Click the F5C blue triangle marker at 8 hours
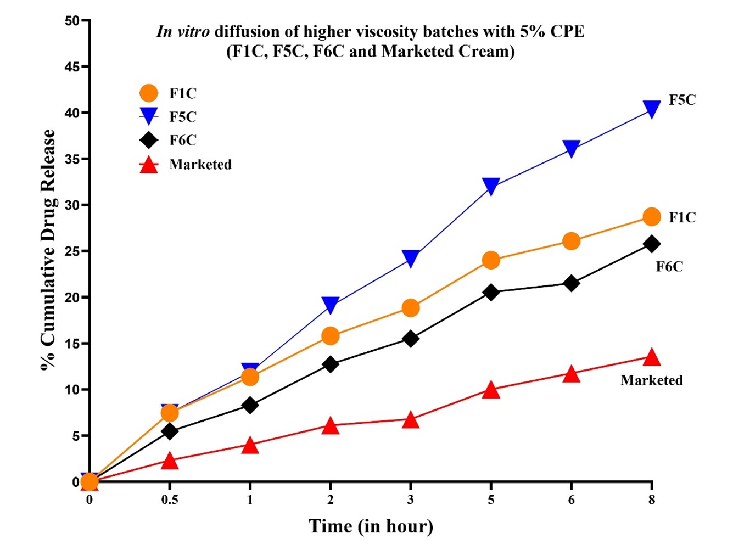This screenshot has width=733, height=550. pyautogui.click(x=652, y=109)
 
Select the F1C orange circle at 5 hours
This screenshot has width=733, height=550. pyautogui.click(x=491, y=260)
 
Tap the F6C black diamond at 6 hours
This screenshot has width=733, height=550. pyautogui.click(x=571, y=283)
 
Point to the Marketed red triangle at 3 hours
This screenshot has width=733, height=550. pyautogui.click(x=411, y=420)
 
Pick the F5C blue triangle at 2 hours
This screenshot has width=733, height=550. pyautogui.click(x=330, y=305)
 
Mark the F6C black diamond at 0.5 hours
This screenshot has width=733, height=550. pyautogui.click(x=170, y=431)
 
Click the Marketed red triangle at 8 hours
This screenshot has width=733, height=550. pyautogui.click(x=652, y=357)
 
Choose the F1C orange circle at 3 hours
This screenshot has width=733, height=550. pyautogui.click(x=411, y=308)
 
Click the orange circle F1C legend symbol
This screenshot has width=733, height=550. pyautogui.click(x=149, y=93)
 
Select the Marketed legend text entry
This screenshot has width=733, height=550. pyautogui.click(x=200, y=165)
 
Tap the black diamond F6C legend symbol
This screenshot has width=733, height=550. pyautogui.click(x=149, y=140)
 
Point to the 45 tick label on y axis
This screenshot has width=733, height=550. pyautogui.click(x=72, y=67)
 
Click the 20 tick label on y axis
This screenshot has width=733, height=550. pyautogui.click(x=72, y=298)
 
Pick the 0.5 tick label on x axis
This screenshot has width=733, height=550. pyautogui.click(x=170, y=500)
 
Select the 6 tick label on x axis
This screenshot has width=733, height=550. pyautogui.click(x=571, y=500)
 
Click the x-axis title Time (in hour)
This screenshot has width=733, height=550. pyautogui.click(x=371, y=526)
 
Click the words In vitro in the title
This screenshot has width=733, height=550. pyautogui.click(x=183, y=31)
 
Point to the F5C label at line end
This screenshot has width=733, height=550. pyautogui.click(x=682, y=100)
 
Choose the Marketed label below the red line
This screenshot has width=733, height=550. pyautogui.click(x=652, y=380)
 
